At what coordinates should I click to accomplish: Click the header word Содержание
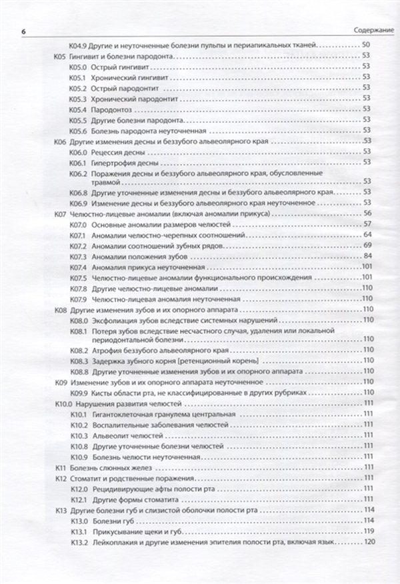click(373, 31)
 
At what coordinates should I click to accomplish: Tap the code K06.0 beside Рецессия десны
click(78, 153)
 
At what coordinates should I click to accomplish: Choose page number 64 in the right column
click(367, 236)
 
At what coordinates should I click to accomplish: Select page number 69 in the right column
click(367, 246)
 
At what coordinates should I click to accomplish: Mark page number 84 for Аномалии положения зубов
click(367, 257)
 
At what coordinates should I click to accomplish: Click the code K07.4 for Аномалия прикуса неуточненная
click(78, 268)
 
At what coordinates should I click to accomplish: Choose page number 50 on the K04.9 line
click(367, 45)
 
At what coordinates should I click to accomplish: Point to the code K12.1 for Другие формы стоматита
click(78, 499)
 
